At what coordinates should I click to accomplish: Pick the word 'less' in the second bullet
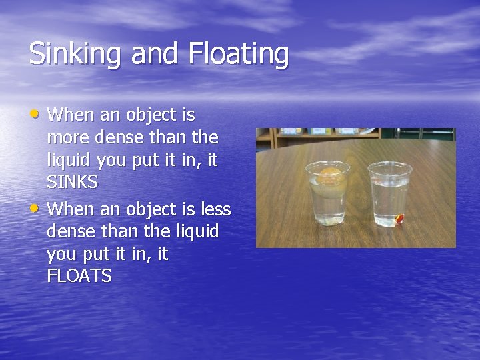(x=215, y=209)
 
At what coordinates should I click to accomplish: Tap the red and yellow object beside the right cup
(x=400, y=219)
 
